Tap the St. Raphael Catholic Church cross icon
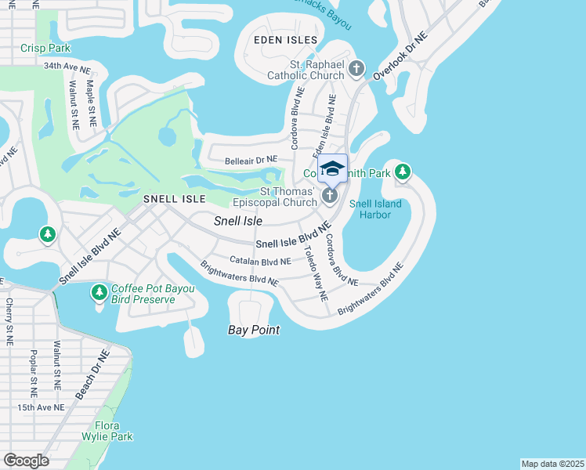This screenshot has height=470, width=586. tap(356, 70)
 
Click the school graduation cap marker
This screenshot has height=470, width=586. tap(332, 169)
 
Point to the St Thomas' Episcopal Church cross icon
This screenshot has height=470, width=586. tap(330, 195)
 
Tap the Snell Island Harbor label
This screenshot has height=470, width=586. tap(375, 209)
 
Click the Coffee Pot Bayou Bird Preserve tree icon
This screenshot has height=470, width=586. tap(99, 292)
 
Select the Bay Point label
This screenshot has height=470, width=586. tap(254, 330)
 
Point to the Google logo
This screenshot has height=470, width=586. tap(26, 461)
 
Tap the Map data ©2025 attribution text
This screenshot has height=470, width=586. tap(552, 463)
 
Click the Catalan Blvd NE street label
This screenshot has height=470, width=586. tap(260, 261)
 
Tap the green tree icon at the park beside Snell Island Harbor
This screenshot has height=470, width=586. tap(403, 171)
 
